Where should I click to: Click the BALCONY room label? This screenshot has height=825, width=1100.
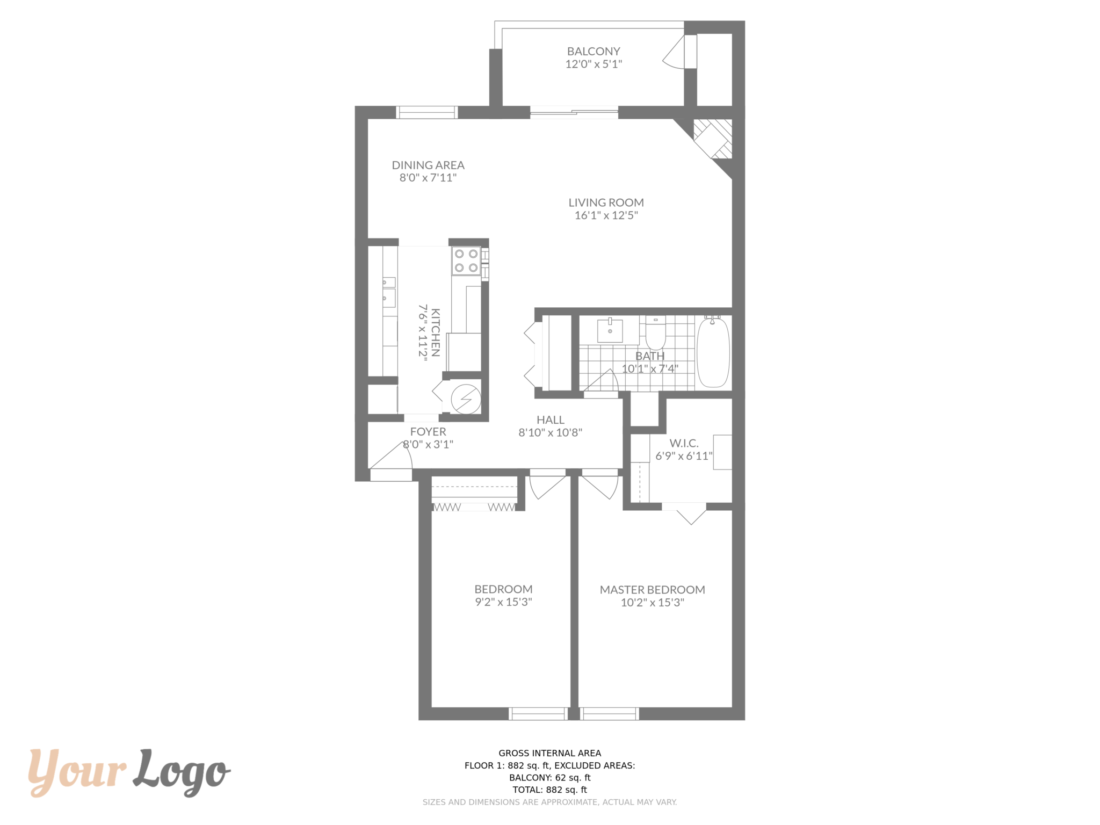pos(594,52)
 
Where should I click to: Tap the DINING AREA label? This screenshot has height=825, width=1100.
pos(428,165)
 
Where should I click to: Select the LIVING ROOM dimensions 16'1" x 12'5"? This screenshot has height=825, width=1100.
pos(606,215)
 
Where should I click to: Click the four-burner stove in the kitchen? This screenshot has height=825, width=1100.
pos(466,260)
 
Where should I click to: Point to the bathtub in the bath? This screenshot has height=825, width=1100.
pos(713,352)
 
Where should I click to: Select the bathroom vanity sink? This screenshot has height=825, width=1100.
pos(610,330)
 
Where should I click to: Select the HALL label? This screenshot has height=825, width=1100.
pos(551,420)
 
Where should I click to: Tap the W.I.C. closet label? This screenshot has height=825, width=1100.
pos(684,444)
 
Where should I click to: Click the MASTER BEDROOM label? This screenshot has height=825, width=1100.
pos(653,590)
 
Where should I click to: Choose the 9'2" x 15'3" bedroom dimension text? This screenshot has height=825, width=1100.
pos(503,602)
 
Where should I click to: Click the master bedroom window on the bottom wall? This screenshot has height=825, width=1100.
pos(610,714)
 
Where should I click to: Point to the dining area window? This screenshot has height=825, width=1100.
pos(427,112)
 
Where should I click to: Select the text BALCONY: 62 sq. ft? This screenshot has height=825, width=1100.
pos(550,778)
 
